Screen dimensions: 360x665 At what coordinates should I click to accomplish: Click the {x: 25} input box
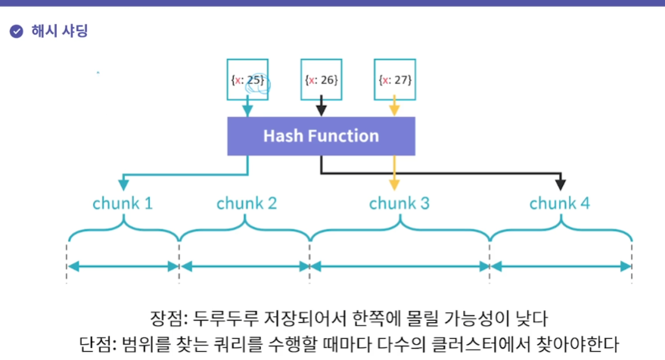coord(247,79)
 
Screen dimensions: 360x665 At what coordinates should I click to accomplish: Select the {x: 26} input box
coord(321,79)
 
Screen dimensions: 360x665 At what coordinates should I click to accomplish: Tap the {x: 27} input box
coord(394,79)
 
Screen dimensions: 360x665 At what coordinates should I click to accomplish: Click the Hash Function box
coord(321,136)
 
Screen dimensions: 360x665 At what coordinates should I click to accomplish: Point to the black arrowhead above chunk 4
coord(561,185)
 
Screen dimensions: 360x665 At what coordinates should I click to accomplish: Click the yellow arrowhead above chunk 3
coord(394,185)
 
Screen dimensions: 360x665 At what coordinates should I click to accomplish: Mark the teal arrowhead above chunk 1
coord(123,185)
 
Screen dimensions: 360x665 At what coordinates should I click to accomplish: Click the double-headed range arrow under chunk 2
coord(245,266)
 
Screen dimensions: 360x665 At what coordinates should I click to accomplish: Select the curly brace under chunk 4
coord(561,230)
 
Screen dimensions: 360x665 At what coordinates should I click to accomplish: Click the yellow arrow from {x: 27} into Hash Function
coord(394,108)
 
